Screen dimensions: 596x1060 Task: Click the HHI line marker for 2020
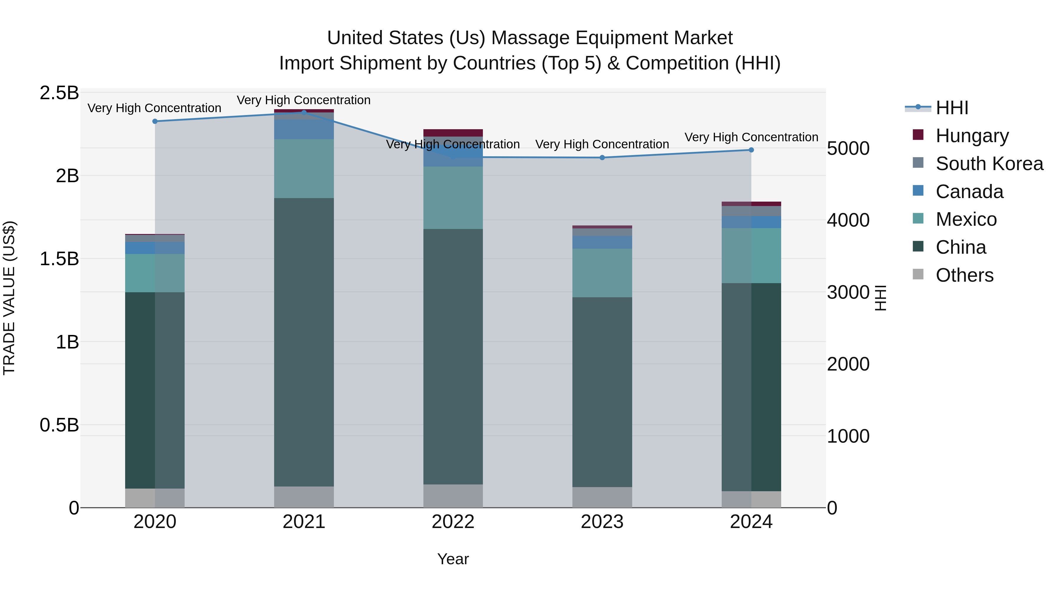[155, 121]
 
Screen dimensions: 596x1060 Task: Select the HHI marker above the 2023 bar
[602, 157]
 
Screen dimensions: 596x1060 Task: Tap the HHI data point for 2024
[751, 150]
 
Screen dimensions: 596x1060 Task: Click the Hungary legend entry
[972, 136]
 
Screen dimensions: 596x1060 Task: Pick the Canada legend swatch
[918, 191]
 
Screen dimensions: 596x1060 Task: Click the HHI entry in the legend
[951, 108]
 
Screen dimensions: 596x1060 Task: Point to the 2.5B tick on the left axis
[59, 93]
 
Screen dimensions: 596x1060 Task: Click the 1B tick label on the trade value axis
[67, 342]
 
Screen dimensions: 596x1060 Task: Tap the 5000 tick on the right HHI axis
[848, 149]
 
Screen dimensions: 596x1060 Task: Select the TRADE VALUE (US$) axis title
[9, 298]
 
